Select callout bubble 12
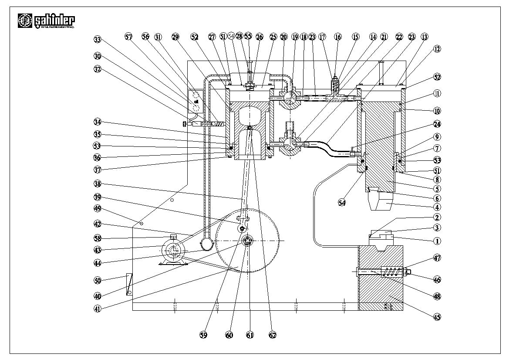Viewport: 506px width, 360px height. click(x=437, y=49)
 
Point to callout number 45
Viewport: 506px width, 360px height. click(x=437, y=317)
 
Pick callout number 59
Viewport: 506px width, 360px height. click(x=203, y=335)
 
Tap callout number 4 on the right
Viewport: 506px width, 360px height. click(x=437, y=207)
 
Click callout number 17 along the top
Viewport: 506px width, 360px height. click(x=322, y=37)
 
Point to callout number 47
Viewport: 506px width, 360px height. click(x=437, y=258)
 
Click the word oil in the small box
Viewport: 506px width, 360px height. click(x=196, y=101)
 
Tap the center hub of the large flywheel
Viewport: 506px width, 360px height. click(x=247, y=241)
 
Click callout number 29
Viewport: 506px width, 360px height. click(x=175, y=37)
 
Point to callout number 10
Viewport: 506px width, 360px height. click(x=437, y=111)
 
